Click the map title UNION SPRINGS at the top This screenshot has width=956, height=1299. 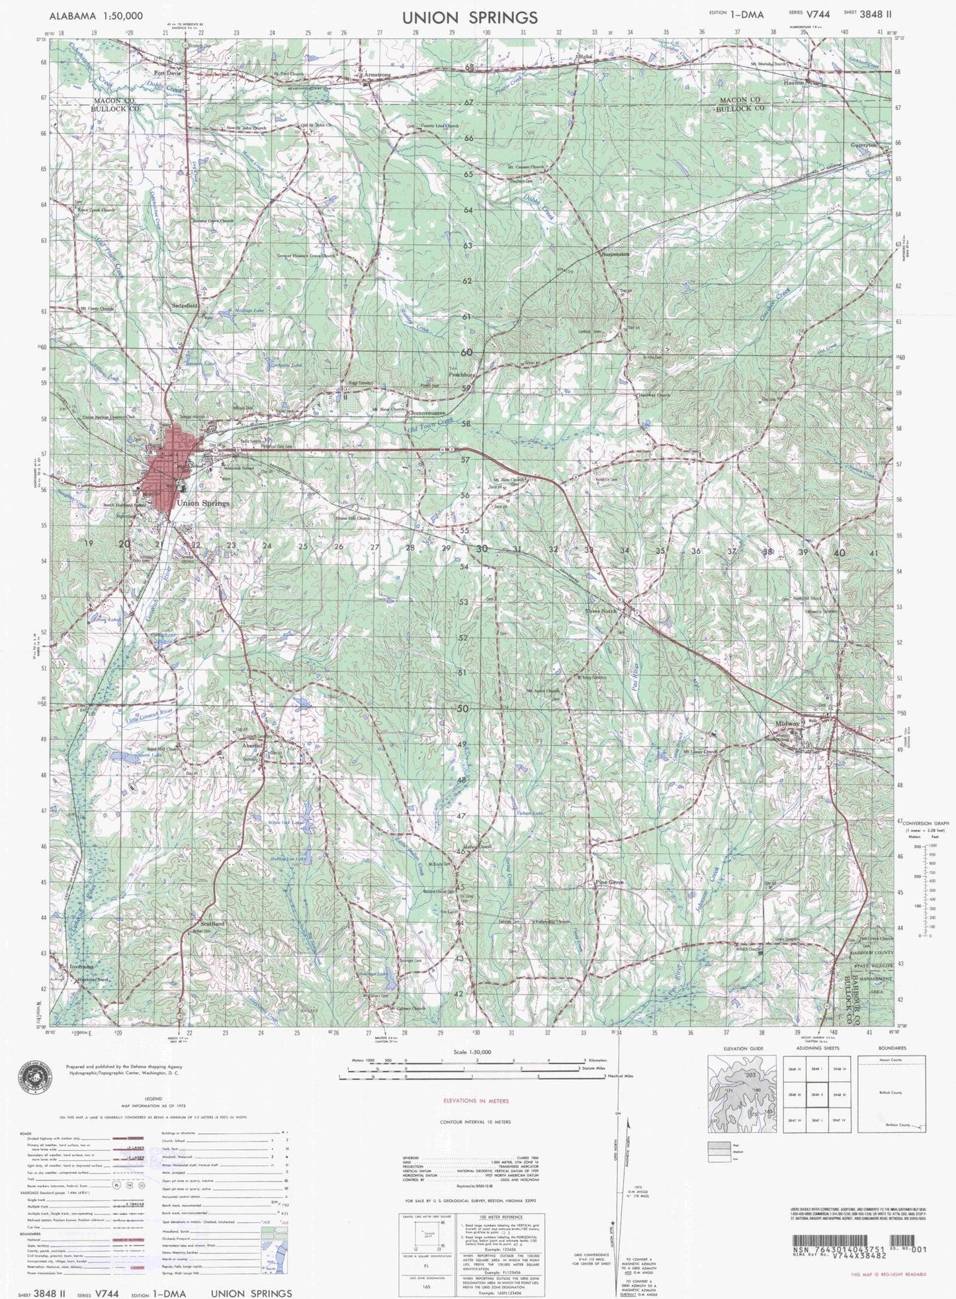point(470,17)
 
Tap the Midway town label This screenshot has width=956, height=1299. point(787,724)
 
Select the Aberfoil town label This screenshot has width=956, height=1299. point(253,745)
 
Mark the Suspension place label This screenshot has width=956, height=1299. point(615,254)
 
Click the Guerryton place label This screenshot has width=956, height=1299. point(864,145)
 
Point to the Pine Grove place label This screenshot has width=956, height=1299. point(609,883)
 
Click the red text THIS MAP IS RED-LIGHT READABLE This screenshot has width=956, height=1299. point(888,1274)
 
